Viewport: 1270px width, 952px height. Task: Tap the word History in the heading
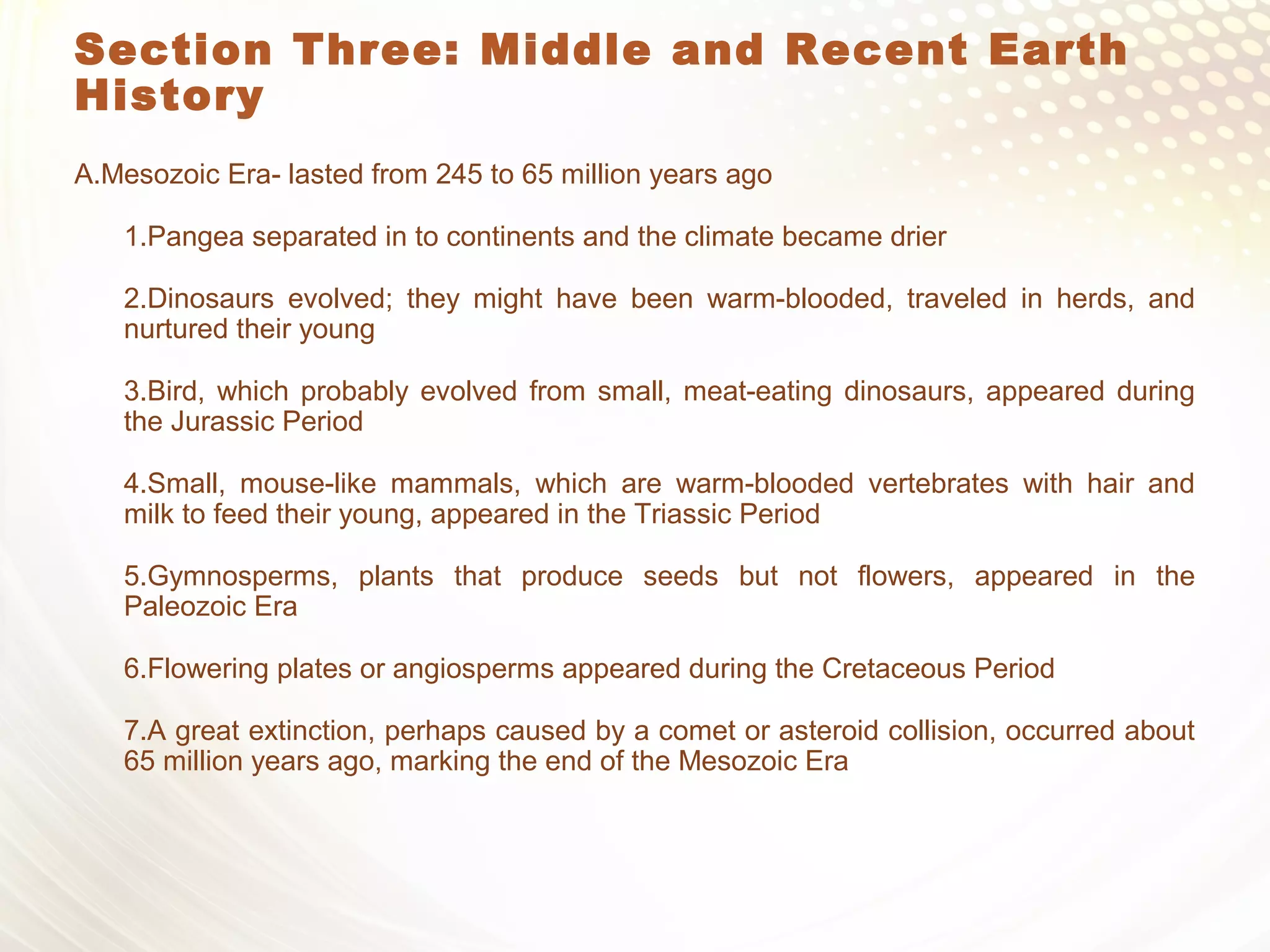click(x=169, y=97)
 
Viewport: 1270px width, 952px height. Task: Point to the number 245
click(x=459, y=175)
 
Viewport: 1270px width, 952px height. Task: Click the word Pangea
click(x=197, y=237)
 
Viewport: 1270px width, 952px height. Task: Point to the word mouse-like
click(x=308, y=483)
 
